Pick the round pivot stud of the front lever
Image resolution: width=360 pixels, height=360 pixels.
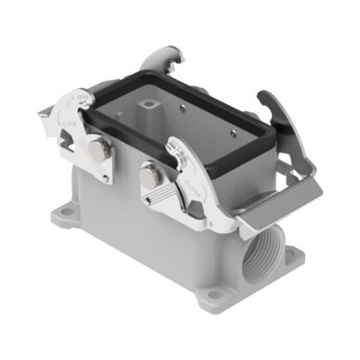pos(149,172)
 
